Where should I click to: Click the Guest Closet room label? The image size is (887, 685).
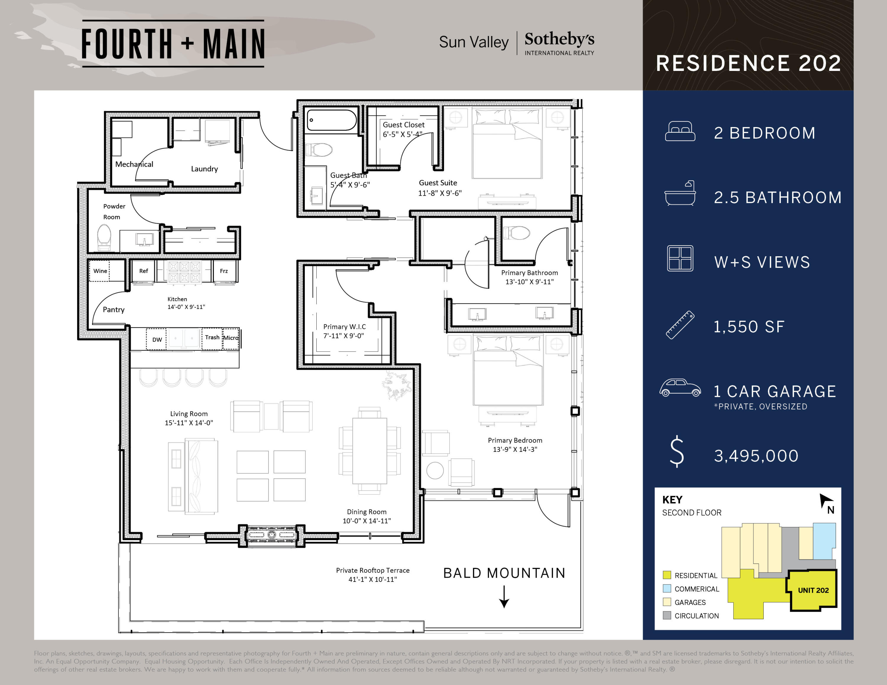pos(403,125)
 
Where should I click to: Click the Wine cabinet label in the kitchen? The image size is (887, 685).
pos(100,271)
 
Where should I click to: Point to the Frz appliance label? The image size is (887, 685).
pos(224,271)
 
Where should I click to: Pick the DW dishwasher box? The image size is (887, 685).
pos(157,339)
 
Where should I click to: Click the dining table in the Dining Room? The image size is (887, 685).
pos(369,450)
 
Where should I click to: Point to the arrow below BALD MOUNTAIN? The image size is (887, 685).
pos(504,597)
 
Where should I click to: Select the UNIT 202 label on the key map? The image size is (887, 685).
pos(813,590)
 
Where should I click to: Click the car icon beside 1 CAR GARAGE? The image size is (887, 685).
pos(680,387)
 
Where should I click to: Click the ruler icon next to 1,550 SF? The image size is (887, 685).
pos(680,325)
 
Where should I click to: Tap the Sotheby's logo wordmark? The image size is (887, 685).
pos(559,39)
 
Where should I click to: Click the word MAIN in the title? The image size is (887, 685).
pos(234,44)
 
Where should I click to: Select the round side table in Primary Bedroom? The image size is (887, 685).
pos(435,470)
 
